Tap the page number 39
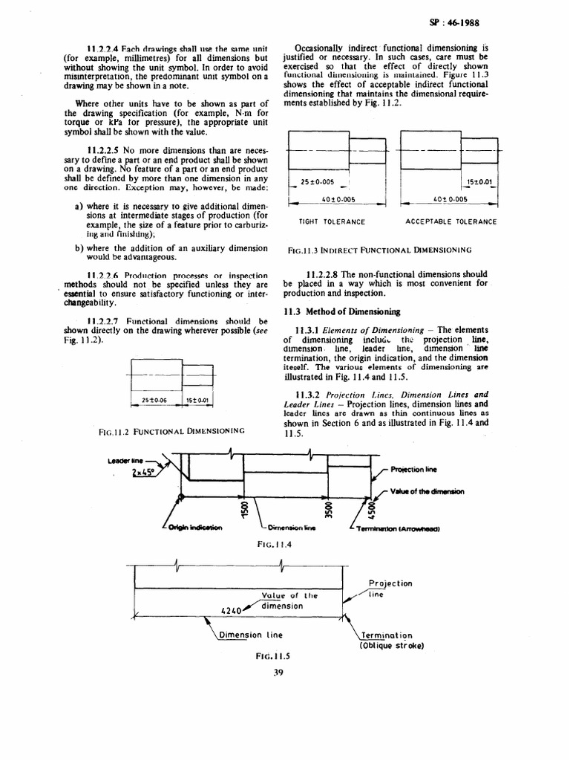(x=278, y=673)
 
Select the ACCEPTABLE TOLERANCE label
(x=451, y=221)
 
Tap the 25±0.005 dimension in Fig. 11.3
(x=317, y=182)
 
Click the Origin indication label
(x=195, y=528)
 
